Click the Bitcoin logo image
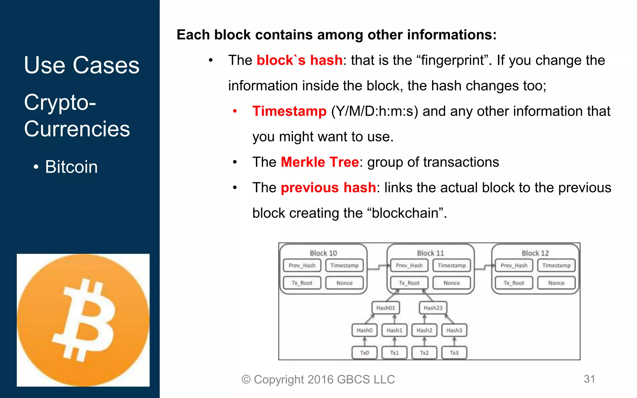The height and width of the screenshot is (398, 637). click(x=83, y=320)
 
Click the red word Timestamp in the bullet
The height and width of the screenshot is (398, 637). click(x=289, y=111)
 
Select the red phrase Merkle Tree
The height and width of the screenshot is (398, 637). click(x=320, y=162)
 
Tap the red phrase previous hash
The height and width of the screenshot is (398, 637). click(x=328, y=188)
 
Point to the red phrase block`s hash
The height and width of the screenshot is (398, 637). click(x=299, y=60)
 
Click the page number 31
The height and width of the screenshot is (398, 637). click(x=589, y=379)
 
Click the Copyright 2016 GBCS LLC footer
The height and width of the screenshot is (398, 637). click(x=318, y=379)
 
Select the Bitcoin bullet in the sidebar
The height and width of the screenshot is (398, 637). click(x=71, y=167)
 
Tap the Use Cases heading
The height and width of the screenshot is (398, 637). click(x=82, y=65)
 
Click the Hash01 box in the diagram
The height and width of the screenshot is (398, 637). click(x=386, y=308)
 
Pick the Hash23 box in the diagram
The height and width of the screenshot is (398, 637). click(x=433, y=308)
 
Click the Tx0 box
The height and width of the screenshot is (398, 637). click(x=365, y=353)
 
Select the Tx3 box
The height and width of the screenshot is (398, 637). click(x=454, y=353)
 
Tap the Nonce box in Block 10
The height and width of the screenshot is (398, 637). click(x=344, y=283)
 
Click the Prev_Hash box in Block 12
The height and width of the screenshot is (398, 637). click(x=514, y=266)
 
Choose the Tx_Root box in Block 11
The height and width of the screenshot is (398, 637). click(x=409, y=283)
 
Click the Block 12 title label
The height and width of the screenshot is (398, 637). click(x=535, y=253)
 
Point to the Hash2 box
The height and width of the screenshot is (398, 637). click(x=424, y=330)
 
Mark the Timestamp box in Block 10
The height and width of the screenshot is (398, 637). click(x=344, y=266)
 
